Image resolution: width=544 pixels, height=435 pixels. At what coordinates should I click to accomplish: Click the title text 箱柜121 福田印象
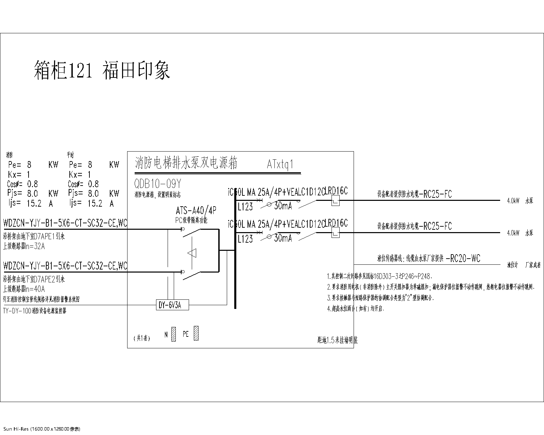[102, 70]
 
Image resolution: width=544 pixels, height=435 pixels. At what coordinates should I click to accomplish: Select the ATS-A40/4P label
[196, 211]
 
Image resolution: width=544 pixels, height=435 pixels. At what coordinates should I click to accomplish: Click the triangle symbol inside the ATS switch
[192, 253]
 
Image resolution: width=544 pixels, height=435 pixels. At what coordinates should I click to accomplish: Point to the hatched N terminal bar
[173, 334]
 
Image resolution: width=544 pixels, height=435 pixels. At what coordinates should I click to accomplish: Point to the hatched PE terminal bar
[196, 333]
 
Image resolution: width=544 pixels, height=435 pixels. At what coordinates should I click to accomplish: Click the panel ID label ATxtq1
[280, 164]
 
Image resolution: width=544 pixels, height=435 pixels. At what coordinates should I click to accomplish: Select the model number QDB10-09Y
[158, 184]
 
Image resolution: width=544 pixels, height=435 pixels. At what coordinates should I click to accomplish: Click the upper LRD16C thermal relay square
[335, 201]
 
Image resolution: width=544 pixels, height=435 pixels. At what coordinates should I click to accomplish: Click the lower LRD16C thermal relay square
[335, 233]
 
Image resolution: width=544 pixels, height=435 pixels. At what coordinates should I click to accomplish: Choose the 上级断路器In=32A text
[24, 247]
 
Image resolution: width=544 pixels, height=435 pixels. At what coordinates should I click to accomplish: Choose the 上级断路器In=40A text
[24, 290]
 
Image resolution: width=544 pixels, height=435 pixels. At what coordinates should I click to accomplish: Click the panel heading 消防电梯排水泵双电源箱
[186, 163]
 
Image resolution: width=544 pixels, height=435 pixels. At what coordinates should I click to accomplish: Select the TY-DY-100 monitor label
[34, 311]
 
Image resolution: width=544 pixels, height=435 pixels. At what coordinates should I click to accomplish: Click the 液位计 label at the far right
[512, 265]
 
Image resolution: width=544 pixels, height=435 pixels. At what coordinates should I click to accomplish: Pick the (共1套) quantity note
[141, 338]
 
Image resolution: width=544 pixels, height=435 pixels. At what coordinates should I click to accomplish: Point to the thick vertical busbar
[235, 251]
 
